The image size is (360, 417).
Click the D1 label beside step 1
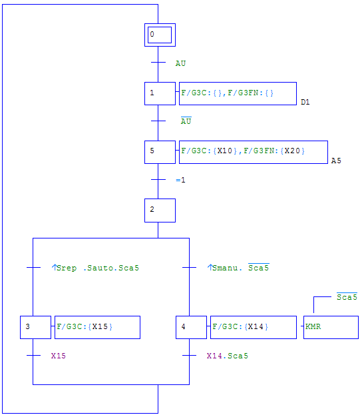pyautogui.click(x=305, y=102)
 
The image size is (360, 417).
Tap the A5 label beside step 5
pyautogui.click(x=336, y=161)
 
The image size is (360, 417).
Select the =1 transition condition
pyautogui.click(x=180, y=180)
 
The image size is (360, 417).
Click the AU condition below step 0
pyautogui.click(x=180, y=63)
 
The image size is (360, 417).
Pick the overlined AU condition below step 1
pyautogui.click(x=186, y=121)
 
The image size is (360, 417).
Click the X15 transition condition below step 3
pyautogui.click(x=58, y=356)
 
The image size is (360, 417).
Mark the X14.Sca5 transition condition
pyautogui.click(x=227, y=356)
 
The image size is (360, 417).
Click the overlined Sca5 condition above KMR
pyautogui.click(x=347, y=296)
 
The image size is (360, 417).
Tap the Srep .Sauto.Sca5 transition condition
pyautogui.click(x=95, y=268)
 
